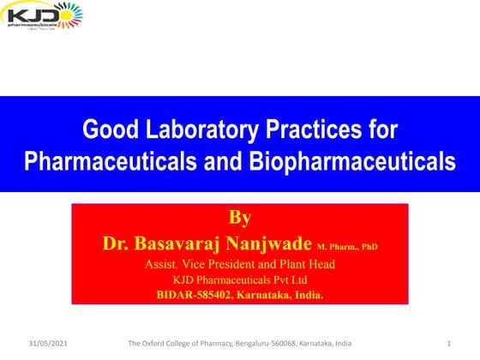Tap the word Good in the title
pyautogui.click(x=106, y=131)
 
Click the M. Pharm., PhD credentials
pyautogui.click(x=347, y=247)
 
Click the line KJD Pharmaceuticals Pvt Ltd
pyautogui.click(x=239, y=279)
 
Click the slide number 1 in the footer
pyautogui.click(x=449, y=344)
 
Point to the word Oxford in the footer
pyautogui.click(x=153, y=344)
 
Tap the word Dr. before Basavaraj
pyautogui.click(x=117, y=244)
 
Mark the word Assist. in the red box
pyautogui.click(x=161, y=264)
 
